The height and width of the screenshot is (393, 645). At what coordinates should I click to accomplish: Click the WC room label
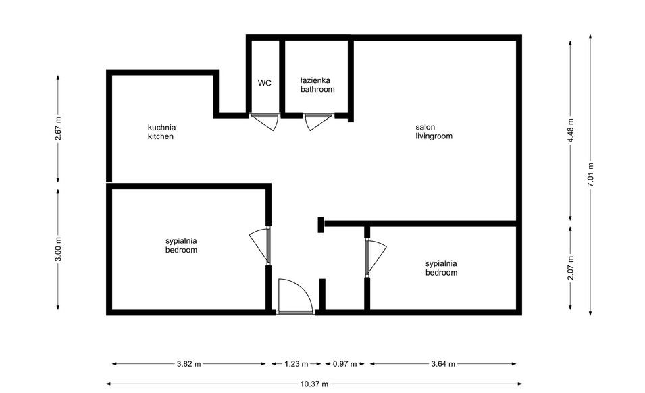point(264,83)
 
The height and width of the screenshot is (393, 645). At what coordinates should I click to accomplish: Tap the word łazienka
point(317,80)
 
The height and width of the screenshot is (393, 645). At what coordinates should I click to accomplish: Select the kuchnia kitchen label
point(161,132)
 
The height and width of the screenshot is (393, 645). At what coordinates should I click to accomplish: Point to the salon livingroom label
point(434,131)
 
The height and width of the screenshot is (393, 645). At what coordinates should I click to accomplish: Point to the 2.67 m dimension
point(59,129)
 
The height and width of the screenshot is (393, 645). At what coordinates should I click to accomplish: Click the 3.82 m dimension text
point(188,364)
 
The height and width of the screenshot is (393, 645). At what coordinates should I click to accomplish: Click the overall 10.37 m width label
point(313,384)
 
